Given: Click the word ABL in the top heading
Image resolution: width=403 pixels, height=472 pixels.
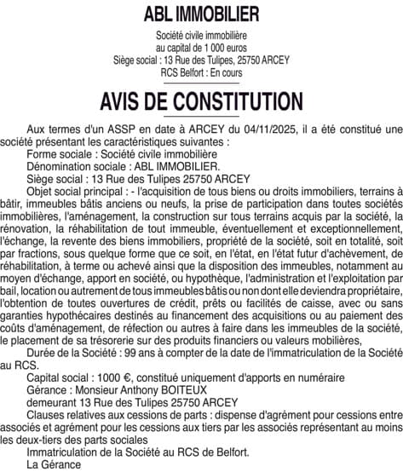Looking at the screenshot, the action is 160,14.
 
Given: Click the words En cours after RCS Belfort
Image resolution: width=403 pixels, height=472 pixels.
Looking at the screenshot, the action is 227,72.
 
